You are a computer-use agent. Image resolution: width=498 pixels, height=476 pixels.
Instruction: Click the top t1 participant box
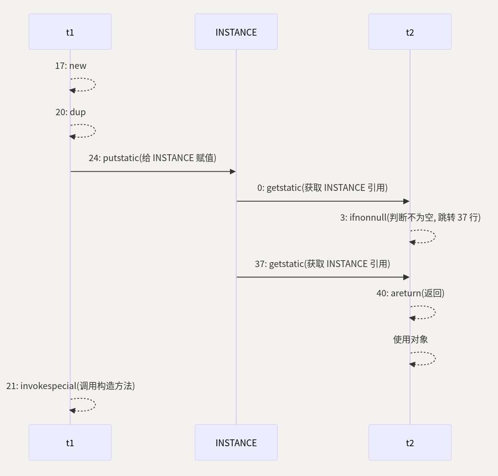[x=70, y=32]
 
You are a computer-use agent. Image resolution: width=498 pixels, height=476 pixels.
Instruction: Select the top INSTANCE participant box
[x=236, y=32]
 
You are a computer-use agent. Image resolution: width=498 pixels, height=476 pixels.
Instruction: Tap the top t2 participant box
[x=410, y=32]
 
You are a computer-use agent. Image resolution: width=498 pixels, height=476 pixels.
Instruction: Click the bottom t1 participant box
[x=70, y=442]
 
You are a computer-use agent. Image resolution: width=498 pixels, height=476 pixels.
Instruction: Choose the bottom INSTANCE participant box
[x=236, y=442]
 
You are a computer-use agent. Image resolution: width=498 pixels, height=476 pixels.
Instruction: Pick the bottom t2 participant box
[x=410, y=442]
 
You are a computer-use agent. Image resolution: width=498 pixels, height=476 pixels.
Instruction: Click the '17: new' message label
[x=70, y=65]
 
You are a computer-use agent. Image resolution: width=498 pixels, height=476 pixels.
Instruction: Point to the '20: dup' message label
[x=70, y=112]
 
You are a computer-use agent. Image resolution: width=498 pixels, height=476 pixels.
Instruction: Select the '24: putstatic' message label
[x=152, y=158]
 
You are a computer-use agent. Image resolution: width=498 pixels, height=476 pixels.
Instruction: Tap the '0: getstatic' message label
[x=322, y=187]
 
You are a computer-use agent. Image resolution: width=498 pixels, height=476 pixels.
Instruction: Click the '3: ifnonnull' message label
[x=410, y=217]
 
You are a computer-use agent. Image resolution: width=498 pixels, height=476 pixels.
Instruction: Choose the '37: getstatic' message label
[x=322, y=264]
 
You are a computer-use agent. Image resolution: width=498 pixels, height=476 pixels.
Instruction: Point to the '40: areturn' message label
[x=410, y=293]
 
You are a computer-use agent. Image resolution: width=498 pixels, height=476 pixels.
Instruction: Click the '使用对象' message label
[x=410, y=339]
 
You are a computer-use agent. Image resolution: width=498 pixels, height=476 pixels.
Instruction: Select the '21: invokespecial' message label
[x=70, y=386]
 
